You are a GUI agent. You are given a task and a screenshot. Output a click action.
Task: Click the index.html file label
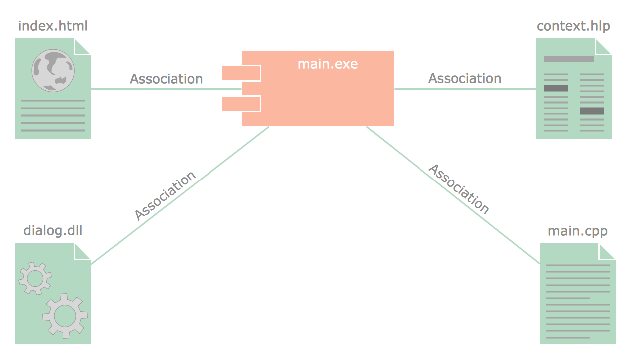click(x=53, y=26)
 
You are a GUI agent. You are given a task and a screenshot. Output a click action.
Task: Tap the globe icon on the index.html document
click(x=53, y=70)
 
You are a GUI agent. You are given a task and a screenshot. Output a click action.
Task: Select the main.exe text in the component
click(x=328, y=64)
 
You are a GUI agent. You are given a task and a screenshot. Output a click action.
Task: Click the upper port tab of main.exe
click(x=241, y=73)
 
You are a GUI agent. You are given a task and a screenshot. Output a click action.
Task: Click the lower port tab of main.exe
click(x=241, y=104)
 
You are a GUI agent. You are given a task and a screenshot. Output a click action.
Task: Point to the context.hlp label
click(x=573, y=26)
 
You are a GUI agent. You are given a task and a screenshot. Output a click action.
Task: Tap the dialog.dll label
click(x=53, y=231)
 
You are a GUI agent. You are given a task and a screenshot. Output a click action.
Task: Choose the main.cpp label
click(x=577, y=231)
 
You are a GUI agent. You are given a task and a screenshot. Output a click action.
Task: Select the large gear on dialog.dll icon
click(x=65, y=315)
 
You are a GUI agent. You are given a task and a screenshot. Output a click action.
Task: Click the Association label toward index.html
click(x=166, y=79)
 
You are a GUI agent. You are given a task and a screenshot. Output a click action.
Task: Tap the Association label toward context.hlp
click(x=465, y=78)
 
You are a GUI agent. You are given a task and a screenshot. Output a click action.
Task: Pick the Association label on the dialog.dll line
click(x=165, y=195)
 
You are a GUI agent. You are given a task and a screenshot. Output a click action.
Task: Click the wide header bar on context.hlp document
click(x=569, y=59)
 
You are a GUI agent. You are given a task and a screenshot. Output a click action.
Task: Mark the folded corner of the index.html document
click(x=83, y=46)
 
